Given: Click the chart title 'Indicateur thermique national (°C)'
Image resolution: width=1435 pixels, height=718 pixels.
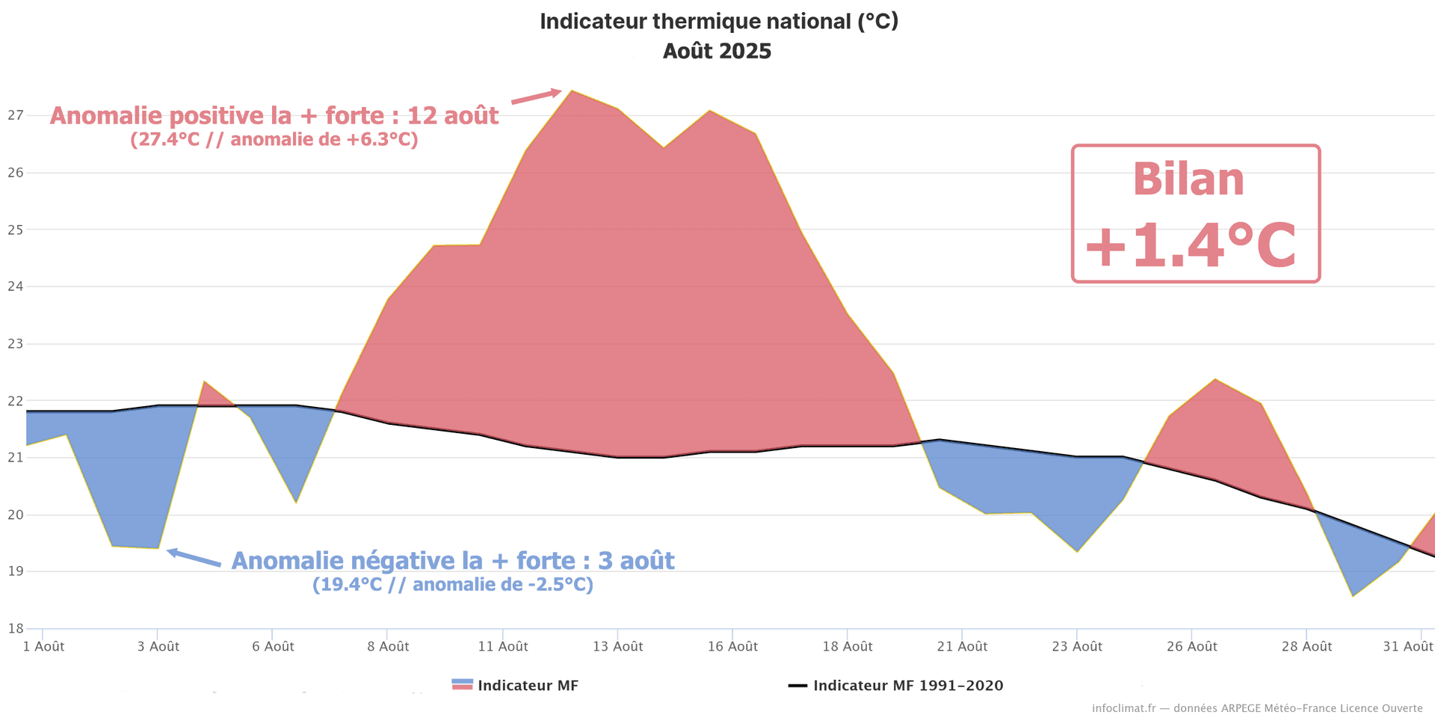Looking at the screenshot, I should (x=718, y=22).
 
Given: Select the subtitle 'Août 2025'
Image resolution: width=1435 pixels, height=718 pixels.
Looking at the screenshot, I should (x=717, y=52).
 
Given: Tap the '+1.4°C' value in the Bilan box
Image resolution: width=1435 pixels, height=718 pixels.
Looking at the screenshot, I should (x=1191, y=246).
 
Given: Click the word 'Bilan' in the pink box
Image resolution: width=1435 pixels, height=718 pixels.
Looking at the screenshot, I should (x=1188, y=179).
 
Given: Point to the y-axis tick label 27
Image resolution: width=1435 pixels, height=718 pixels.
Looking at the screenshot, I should (x=16, y=115).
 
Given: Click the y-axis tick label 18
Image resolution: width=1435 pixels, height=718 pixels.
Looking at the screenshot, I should (x=16, y=628).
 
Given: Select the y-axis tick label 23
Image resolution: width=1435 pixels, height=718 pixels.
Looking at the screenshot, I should (x=16, y=344).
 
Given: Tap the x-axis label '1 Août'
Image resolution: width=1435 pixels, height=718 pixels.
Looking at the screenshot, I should (x=43, y=647).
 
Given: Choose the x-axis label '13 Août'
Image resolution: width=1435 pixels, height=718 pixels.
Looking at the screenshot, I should (x=617, y=647).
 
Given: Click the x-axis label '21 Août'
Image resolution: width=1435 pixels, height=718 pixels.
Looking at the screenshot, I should (x=962, y=647).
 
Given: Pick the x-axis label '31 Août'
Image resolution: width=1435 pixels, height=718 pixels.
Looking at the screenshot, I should (x=1407, y=647).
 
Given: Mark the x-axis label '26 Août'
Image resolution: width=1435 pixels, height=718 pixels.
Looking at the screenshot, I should (x=1191, y=647).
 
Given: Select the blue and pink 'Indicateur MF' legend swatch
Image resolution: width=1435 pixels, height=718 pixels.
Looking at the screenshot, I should (x=463, y=685).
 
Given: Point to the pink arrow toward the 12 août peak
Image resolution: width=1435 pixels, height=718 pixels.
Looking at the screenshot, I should (x=536, y=96).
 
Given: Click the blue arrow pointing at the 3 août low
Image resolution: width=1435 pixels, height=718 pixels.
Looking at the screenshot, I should (x=194, y=558).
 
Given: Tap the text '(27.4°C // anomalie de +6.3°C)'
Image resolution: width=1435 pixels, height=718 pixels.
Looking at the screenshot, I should (x=274, y=140).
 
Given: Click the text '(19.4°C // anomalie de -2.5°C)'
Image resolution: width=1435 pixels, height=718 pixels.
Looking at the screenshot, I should (x=452, y=585).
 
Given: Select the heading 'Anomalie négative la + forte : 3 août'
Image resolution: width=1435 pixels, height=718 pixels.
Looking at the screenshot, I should (x=452, y=561).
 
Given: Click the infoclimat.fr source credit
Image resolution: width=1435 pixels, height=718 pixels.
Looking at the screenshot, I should (x=1257, y=708).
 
